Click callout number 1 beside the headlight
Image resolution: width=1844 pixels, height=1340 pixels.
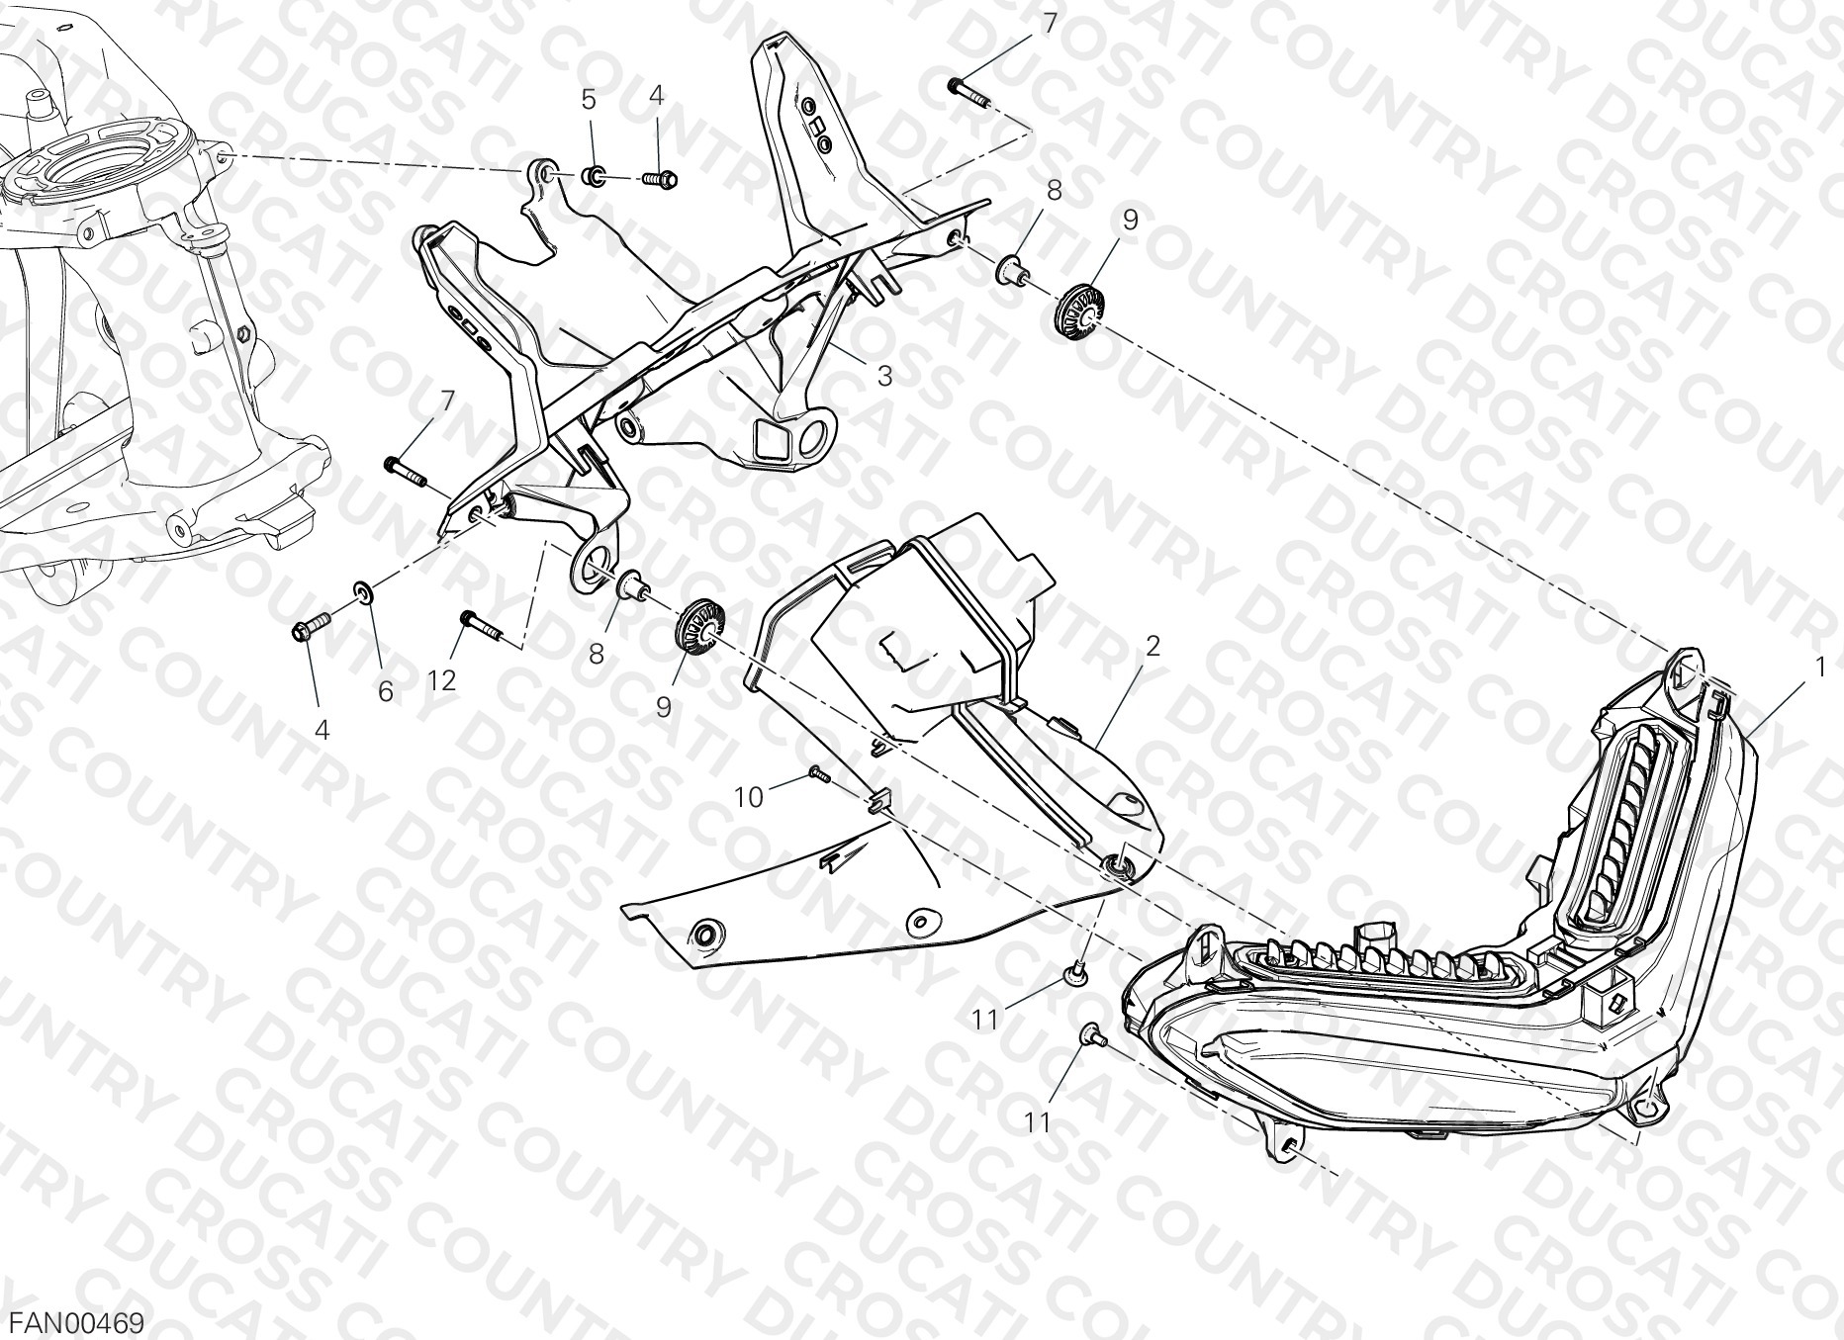click(1820, 670)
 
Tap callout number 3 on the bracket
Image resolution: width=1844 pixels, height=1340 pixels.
click(884, 376)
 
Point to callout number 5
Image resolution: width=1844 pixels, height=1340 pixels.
click(589, 99)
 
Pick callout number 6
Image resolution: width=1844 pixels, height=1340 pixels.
click(385, 691)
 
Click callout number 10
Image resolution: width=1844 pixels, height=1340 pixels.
click(749, 796)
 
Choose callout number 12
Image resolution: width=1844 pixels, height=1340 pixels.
click(442, 680)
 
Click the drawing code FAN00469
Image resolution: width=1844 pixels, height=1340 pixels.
click(77, 1321)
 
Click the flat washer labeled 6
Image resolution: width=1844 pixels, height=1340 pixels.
click(364, 593)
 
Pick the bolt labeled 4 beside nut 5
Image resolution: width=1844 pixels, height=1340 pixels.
click(659, 180)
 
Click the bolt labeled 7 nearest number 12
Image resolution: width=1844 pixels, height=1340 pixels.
click(406, 471)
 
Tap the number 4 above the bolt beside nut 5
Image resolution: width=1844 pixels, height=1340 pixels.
click(657, 95)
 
